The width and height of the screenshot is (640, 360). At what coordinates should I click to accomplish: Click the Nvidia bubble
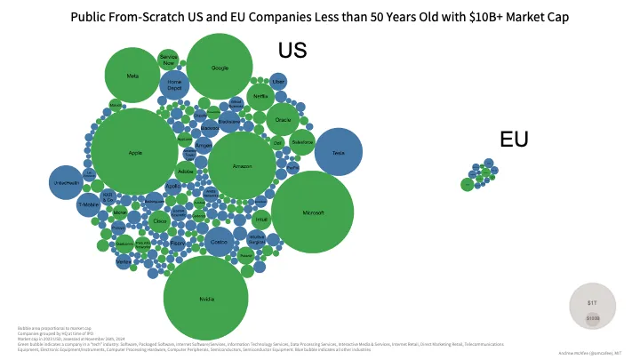point(205,299)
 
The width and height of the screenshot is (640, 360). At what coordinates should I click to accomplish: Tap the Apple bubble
point(135,152)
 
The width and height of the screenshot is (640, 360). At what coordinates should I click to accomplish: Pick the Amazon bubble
point(243,166)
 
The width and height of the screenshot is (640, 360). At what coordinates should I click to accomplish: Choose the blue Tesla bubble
point(338,153)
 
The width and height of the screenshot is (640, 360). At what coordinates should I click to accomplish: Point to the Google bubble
point(220,68)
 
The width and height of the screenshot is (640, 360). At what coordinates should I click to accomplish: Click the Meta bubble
point(132,76)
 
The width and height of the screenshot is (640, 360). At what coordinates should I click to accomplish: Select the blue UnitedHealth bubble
point(66,183)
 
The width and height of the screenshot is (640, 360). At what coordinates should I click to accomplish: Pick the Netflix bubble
point(260,96)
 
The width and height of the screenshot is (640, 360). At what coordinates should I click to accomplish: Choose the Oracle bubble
point(284,118)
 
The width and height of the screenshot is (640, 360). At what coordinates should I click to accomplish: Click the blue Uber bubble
point(278,81)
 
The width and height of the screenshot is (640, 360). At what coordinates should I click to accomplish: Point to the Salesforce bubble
point(303,142)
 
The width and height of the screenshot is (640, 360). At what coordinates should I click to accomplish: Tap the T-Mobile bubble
point(87,204)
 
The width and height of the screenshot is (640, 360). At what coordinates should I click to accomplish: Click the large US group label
point(292,51)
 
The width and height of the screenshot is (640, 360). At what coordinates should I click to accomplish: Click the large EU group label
point(514,139)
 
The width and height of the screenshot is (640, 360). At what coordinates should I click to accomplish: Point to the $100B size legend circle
point(593,317)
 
